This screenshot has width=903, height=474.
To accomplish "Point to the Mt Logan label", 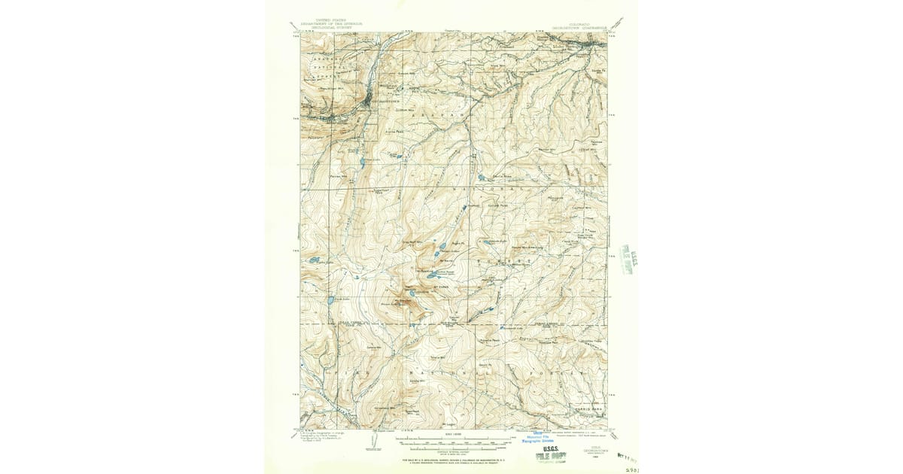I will pos(450,423).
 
